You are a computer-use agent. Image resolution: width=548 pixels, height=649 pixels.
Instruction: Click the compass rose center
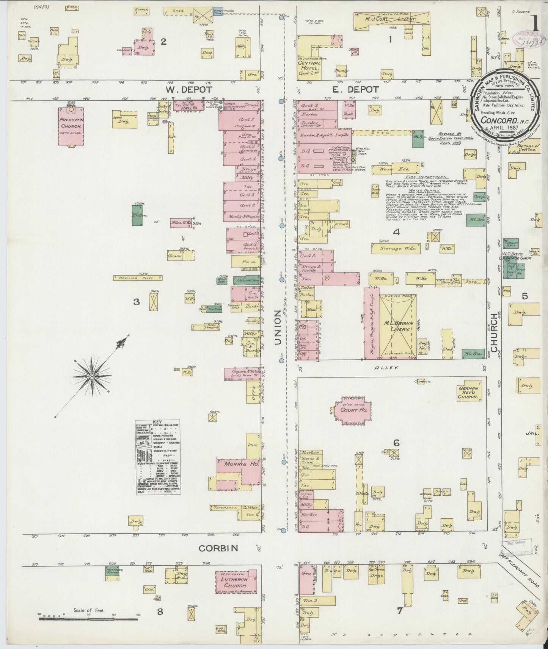click(92, 376)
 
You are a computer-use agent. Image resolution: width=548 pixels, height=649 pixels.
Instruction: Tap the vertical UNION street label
click(277, 327)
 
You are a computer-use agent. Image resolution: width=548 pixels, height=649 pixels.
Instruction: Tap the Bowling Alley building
click(137, 278)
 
